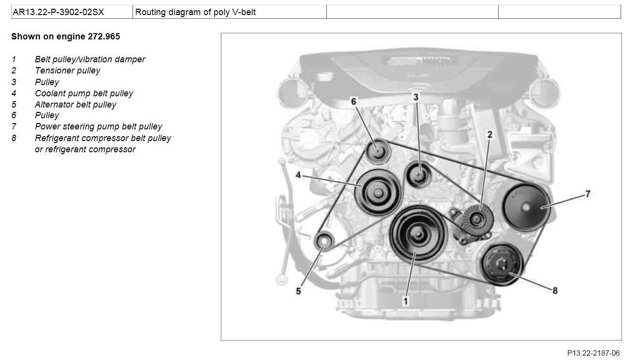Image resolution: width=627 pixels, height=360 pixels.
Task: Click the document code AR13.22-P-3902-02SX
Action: point(58,12)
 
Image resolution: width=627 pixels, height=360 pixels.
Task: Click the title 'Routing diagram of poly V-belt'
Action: point(196,12)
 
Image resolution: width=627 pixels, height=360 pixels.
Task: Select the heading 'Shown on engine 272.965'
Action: point(66,36)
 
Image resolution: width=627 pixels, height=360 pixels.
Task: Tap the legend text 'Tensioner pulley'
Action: point(68,71)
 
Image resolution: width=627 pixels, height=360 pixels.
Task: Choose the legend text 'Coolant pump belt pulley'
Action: point(84,93)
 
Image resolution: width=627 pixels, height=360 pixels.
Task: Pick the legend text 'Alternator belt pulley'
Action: point(75,105)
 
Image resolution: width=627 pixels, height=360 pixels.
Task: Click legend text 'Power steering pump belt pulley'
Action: point(98,126)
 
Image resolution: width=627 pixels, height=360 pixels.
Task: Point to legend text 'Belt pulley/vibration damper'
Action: point(90,59)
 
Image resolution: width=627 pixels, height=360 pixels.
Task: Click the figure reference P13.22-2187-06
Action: point(594,353)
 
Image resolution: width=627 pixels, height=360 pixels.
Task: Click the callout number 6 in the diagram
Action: point(354,101)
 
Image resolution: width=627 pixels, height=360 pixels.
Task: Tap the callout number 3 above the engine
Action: point(416,97)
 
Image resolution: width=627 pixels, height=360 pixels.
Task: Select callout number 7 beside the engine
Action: point(588,194)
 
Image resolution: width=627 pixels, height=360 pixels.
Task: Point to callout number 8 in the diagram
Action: point(555,290)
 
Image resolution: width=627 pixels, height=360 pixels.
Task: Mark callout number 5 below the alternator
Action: point(298,291)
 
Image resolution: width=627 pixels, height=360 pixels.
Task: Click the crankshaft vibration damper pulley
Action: point(418,234)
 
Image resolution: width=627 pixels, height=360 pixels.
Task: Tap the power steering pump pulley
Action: point(526,207)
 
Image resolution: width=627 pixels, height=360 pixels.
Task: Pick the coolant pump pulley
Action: point(378,193)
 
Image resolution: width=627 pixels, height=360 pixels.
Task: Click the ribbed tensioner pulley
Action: point(476,219)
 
